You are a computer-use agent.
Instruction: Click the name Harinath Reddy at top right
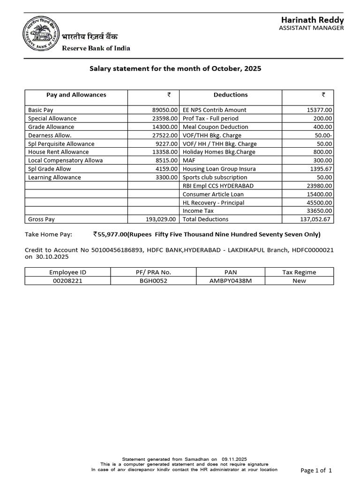pyautogui.click(x=312, y=20)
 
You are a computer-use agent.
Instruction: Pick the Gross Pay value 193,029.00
pyautogui.click(x=161, y=219)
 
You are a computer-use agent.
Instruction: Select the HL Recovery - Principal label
pyautogui.click(x=213, y=203)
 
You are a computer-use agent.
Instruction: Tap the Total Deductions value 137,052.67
pyautogui.click(x=315, y=219)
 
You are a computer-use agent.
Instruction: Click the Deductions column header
pyautogui.click(x=230, y=95)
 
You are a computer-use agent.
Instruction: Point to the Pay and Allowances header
pyautogui.click(x=76, y=95)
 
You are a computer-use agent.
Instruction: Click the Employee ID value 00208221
pyautogui.click(x=67, y=281)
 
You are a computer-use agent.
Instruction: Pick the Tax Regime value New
pyautogui.click(x=299, y=281)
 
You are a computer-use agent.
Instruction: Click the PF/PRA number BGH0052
pyautogui.click(x=153, y=281)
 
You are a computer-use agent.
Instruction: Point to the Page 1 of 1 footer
pyautogui.click(x=316, y=470)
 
